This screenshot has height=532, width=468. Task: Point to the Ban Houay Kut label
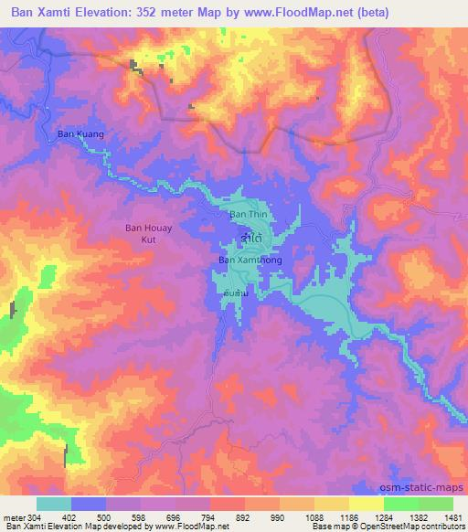click(x=145, y=234)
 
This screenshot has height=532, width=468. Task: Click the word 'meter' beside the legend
click(x=14, y=517)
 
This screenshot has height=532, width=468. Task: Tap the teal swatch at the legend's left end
click(x=54, y=504)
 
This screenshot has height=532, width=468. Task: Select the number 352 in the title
click(x=164, y=13)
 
